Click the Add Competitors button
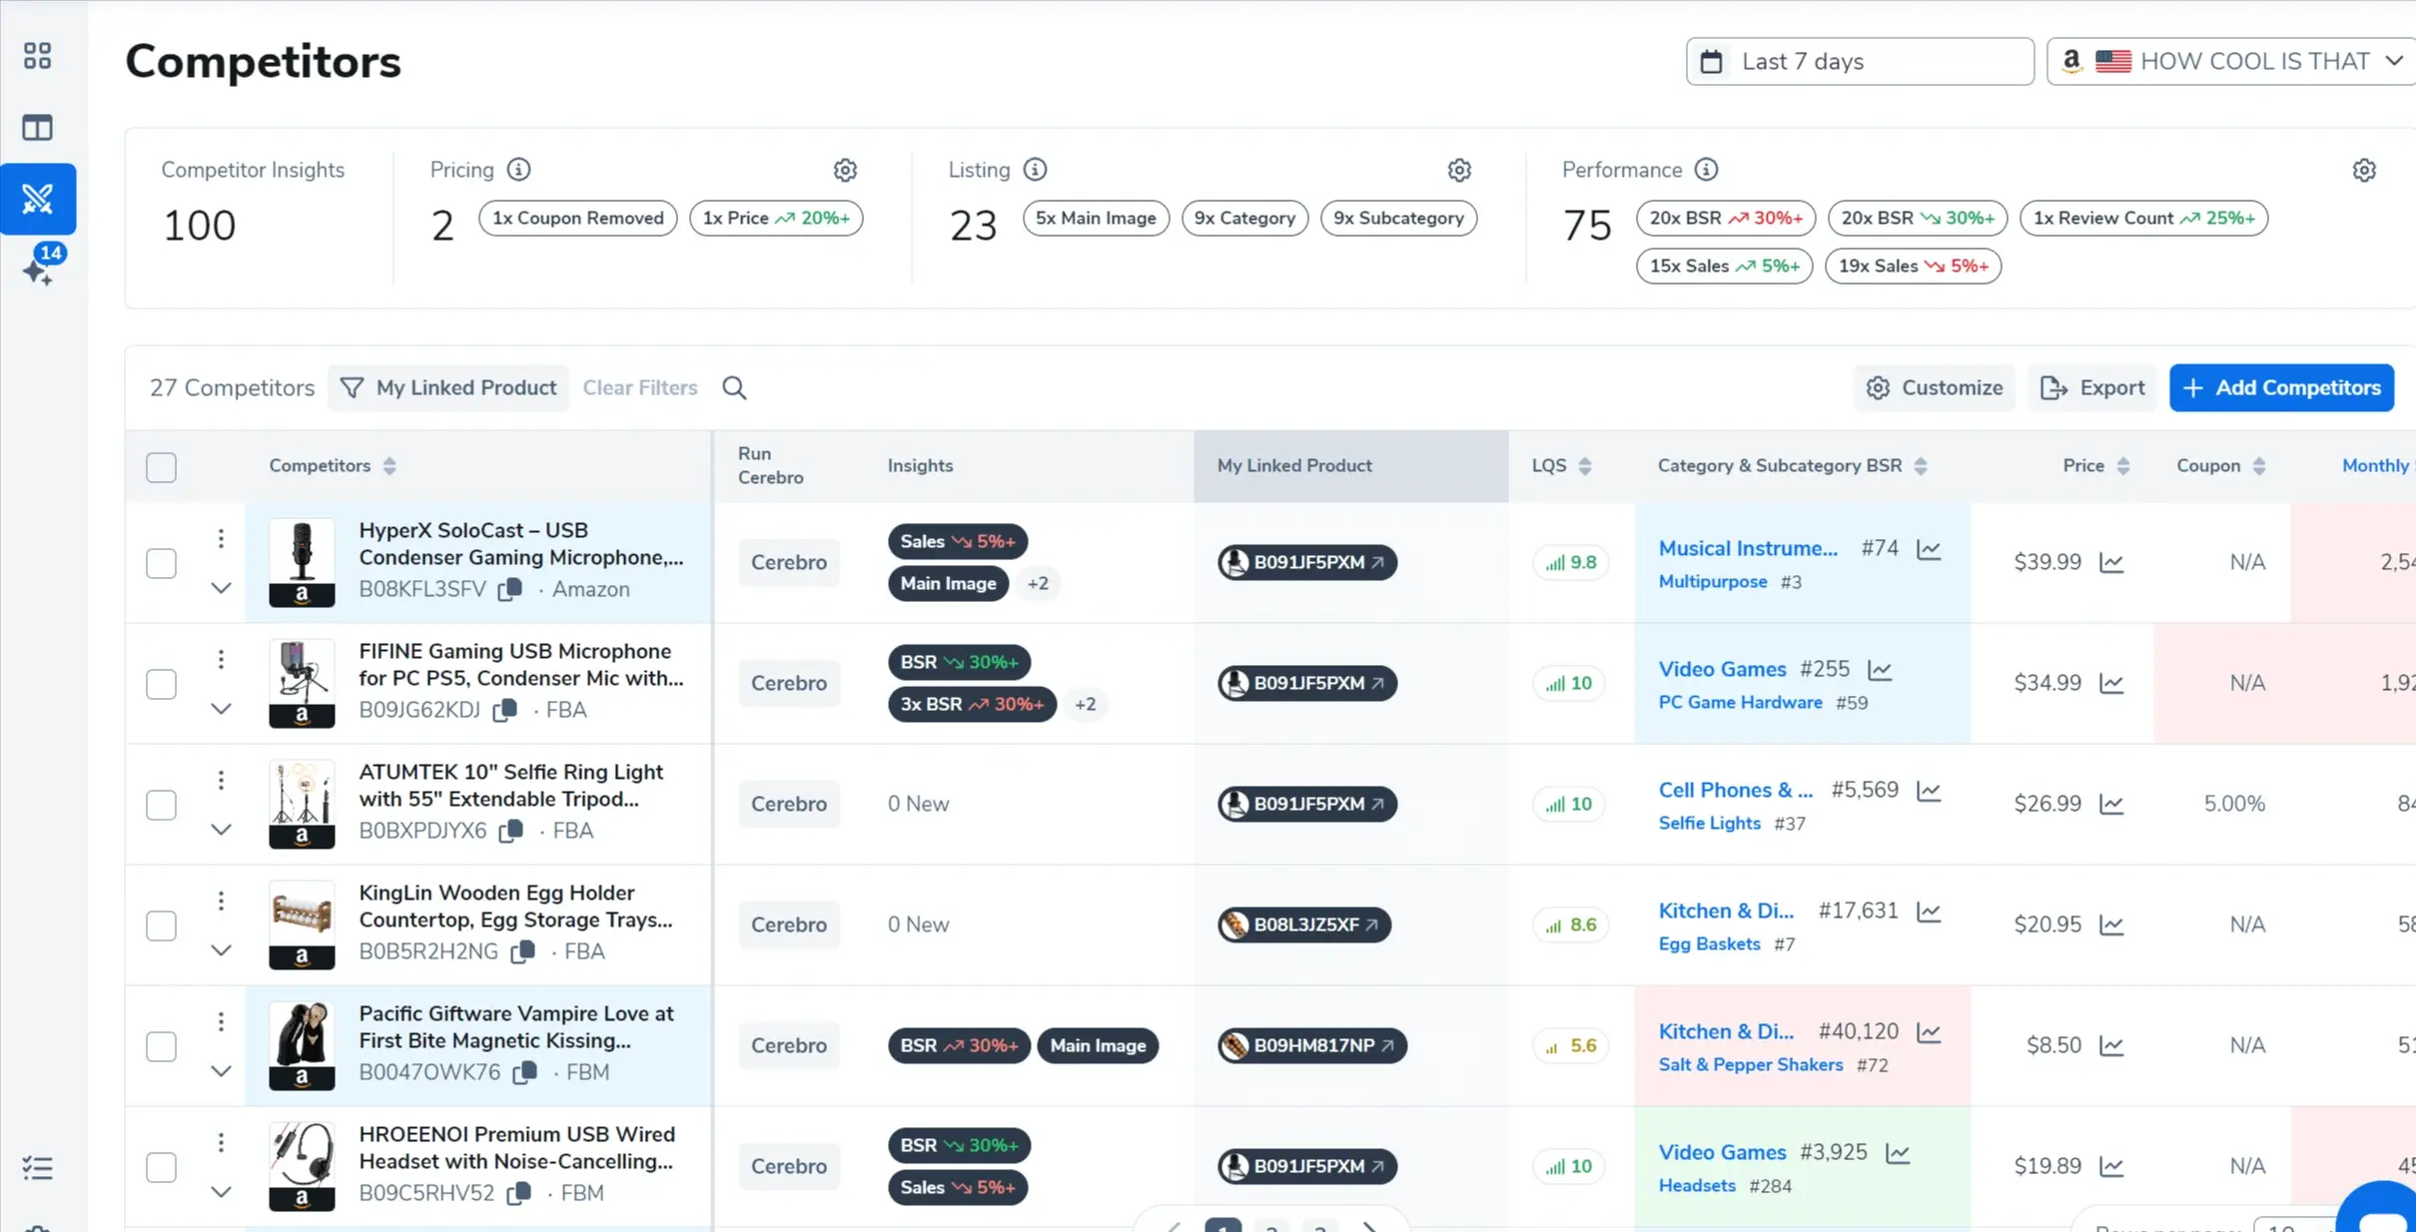pos(2281,387)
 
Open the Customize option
pos(1935,387)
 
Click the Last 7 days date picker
pos(1859,62)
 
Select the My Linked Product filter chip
pos(448,387)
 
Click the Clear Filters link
pos(639,387)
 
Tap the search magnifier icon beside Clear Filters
pos(734,387)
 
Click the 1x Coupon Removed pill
pos(577,218)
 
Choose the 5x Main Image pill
pos(1095,218)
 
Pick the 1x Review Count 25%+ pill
pos(2143,218)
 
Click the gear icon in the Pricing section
pos(845,171)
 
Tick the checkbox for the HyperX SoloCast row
pos(161,563)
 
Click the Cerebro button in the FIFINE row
pos(788,683)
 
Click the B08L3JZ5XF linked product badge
pos(1304,924)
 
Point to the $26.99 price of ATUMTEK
pos(2046,804)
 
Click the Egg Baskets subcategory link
pos(1709,943)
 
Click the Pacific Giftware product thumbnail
pos(302,1045)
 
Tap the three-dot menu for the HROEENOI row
pos(221,1142)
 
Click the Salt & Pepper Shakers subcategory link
pos(1750,1064)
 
